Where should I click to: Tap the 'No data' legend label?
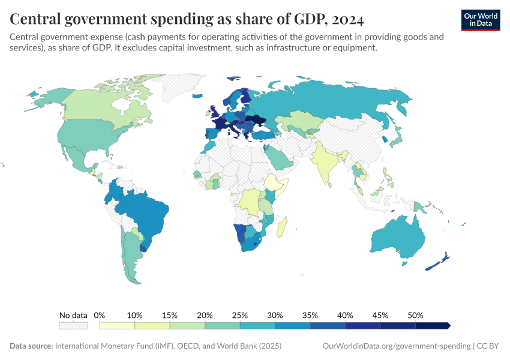73,315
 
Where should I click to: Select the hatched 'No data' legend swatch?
73,325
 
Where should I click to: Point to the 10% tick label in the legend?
134,315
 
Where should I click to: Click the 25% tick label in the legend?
240,315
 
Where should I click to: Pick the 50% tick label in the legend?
415,315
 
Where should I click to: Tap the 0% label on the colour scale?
100,315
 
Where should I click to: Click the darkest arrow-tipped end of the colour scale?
447,325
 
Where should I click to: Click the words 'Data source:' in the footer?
31,346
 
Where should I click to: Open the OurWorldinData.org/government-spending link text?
396,346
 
